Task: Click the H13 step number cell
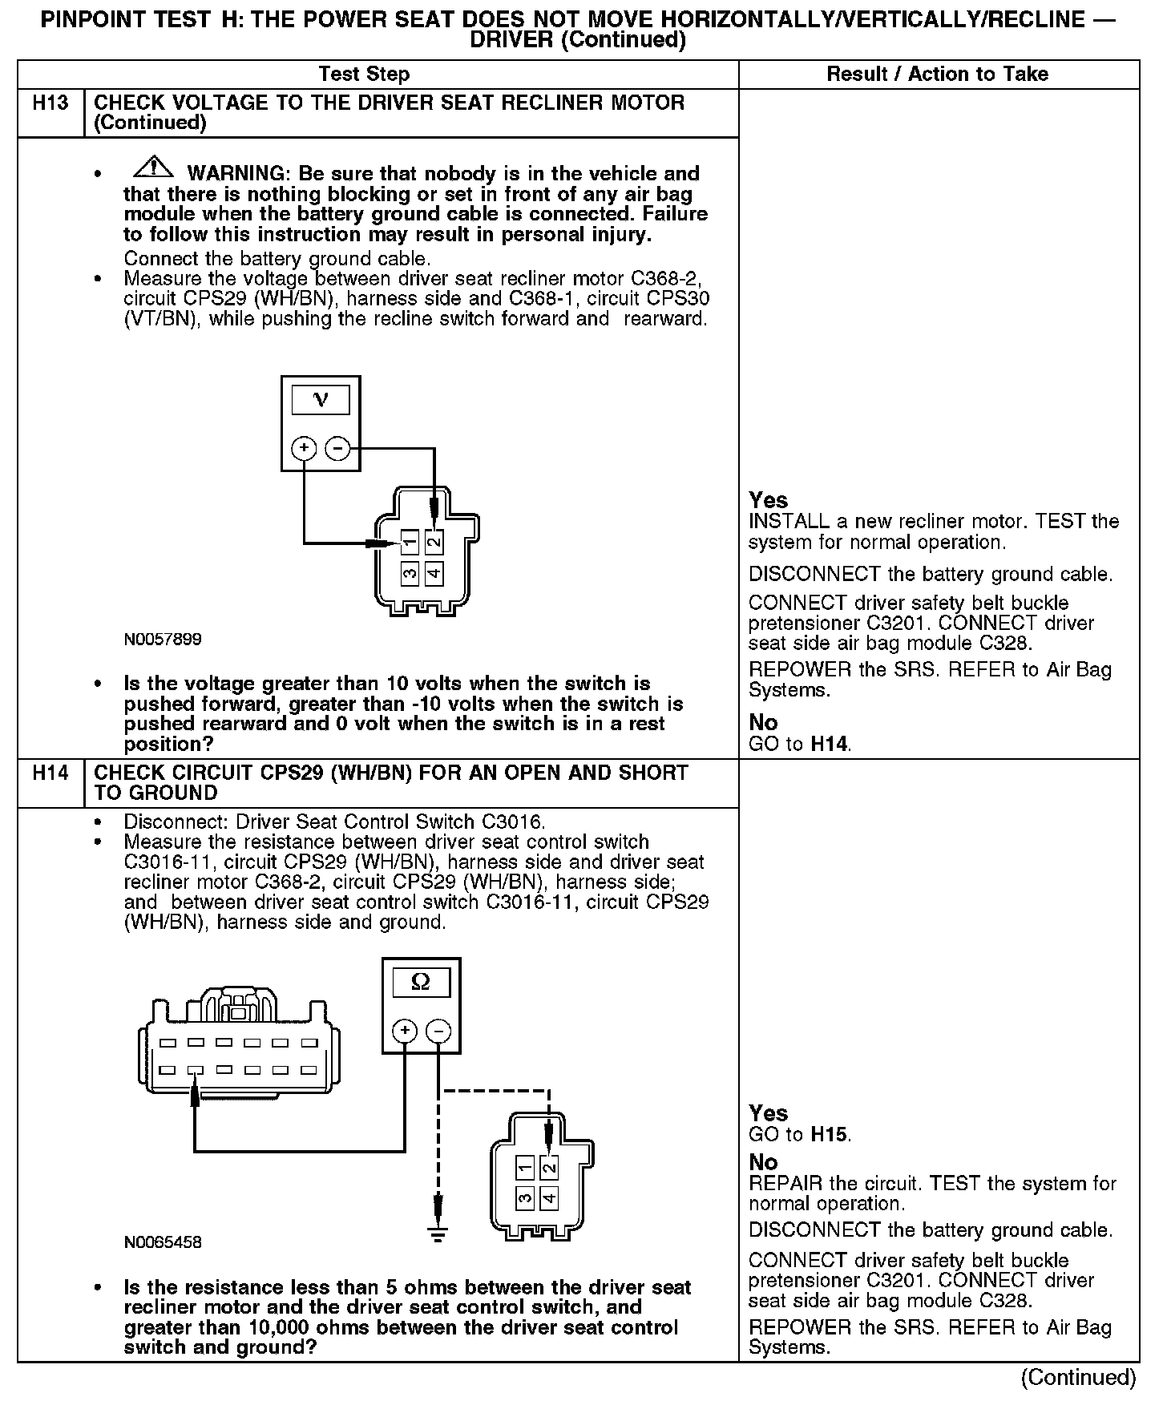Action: coord(50,103)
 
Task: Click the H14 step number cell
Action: coord(50,773)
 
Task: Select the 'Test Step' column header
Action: coord(364,75)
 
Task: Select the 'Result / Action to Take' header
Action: coord(937,75)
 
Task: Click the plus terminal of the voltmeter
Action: coord(303,447)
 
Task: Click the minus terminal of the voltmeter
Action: coord(338,447)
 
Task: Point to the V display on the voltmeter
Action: coord(321,399)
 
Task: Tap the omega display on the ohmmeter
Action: coord(420,982)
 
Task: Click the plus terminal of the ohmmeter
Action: coord(404,1031)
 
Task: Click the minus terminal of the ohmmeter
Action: coord(438,1031)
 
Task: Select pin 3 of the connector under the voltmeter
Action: coord(410,573)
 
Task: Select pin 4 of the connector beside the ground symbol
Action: coord(548,1198)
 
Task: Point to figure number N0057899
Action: coord(163,640)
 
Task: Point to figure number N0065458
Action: coord(163,1242)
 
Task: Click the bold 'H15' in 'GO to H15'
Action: coord(830,1134)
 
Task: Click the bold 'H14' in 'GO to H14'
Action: coord(830,744)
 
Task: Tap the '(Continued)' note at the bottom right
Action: coord(1078,1377)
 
